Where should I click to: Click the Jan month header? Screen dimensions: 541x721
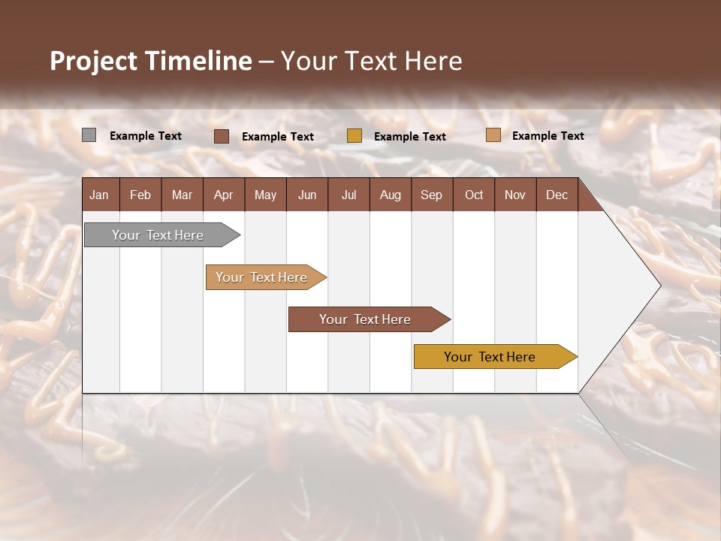(100, 195)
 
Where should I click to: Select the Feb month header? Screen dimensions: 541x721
(140, 195)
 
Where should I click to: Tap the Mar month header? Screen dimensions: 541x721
(182, 195)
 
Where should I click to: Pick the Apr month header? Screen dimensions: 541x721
(224, 195)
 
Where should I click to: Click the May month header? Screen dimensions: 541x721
(265, 195)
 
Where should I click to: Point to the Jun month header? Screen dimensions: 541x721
(307, 195)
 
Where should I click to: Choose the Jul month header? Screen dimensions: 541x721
(348, 195)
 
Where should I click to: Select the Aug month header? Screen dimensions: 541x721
(391, 195)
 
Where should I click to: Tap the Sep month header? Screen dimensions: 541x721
(432, 195)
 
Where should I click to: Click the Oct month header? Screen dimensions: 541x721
(474, 195)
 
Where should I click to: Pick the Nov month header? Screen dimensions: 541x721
(515, 195)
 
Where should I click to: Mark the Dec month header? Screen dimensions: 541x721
(557, 195)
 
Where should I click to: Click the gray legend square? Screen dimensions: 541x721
(89, 135)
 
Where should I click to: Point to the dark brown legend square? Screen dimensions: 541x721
(222, 136)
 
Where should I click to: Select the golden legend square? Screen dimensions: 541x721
(354, 136)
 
